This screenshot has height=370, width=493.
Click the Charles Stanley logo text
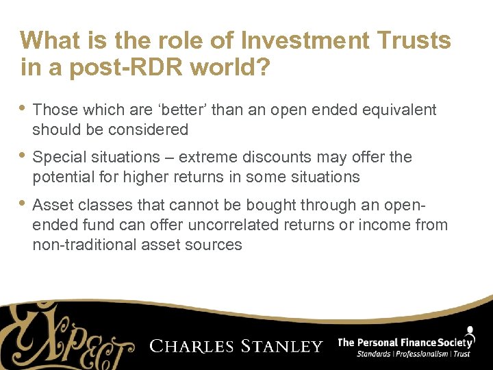click(236, 346)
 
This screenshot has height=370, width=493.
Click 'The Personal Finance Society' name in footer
click(405, 342)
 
